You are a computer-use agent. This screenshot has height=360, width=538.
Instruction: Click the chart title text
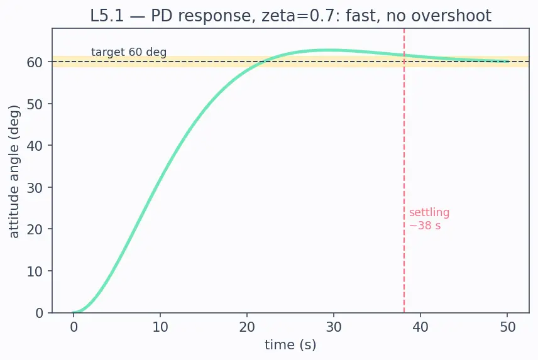pos(290,16)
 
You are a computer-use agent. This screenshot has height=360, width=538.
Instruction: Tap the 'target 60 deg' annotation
pos(129,52)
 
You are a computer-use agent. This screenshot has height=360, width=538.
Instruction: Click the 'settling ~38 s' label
pos(429,219)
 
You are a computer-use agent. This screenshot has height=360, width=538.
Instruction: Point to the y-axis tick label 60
pos(35,62)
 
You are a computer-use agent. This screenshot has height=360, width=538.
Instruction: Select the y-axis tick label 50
pos(35,104)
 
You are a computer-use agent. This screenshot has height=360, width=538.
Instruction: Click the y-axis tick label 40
pos(35,146)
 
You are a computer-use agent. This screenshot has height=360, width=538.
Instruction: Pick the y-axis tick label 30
pos(35,188)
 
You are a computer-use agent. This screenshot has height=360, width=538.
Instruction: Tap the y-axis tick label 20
pos(35,229)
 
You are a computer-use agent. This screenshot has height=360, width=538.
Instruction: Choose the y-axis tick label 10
pos(35,271)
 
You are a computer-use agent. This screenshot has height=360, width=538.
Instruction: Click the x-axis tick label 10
pos(160,327)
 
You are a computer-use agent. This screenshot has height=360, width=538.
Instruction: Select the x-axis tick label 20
pos(247,327)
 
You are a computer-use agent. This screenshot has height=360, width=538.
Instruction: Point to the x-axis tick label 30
pos(334,327)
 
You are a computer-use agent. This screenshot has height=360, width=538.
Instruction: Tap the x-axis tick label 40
pos(420,327)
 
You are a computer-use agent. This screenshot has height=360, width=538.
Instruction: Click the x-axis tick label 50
pos(507,327)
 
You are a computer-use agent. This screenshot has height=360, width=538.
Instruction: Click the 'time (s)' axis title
pos(290,344)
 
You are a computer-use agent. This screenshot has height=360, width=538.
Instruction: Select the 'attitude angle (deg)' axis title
pos(14,172)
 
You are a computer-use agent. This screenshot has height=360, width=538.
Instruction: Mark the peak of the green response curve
pos(330,50)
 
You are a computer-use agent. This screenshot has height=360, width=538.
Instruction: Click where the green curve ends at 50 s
pos(508,62)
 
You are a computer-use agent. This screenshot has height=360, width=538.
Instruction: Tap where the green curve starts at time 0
pos(73,312)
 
